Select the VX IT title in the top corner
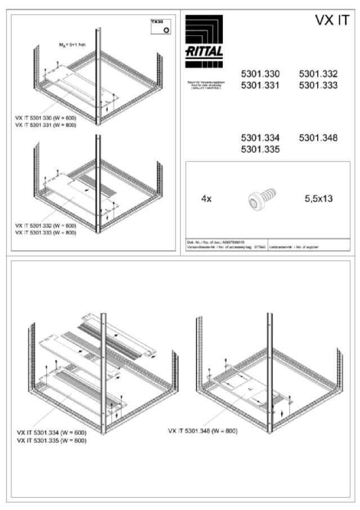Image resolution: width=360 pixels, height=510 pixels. (x=332, y=21)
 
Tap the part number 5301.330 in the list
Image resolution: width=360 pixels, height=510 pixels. (x=260, y=74)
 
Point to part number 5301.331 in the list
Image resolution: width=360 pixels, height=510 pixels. (x=260, y=86)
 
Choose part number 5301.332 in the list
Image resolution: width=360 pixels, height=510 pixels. (x=318, y=74)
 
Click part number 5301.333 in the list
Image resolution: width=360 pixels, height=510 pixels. (x=318, y=86)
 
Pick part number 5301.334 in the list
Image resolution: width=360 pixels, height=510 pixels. (x=260, y=138)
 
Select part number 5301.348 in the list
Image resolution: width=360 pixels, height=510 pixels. (x=318, y=138)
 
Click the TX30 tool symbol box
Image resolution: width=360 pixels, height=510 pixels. (x=161, y=26)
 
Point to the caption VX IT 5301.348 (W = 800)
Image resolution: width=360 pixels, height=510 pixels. (x=202, y=431)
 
